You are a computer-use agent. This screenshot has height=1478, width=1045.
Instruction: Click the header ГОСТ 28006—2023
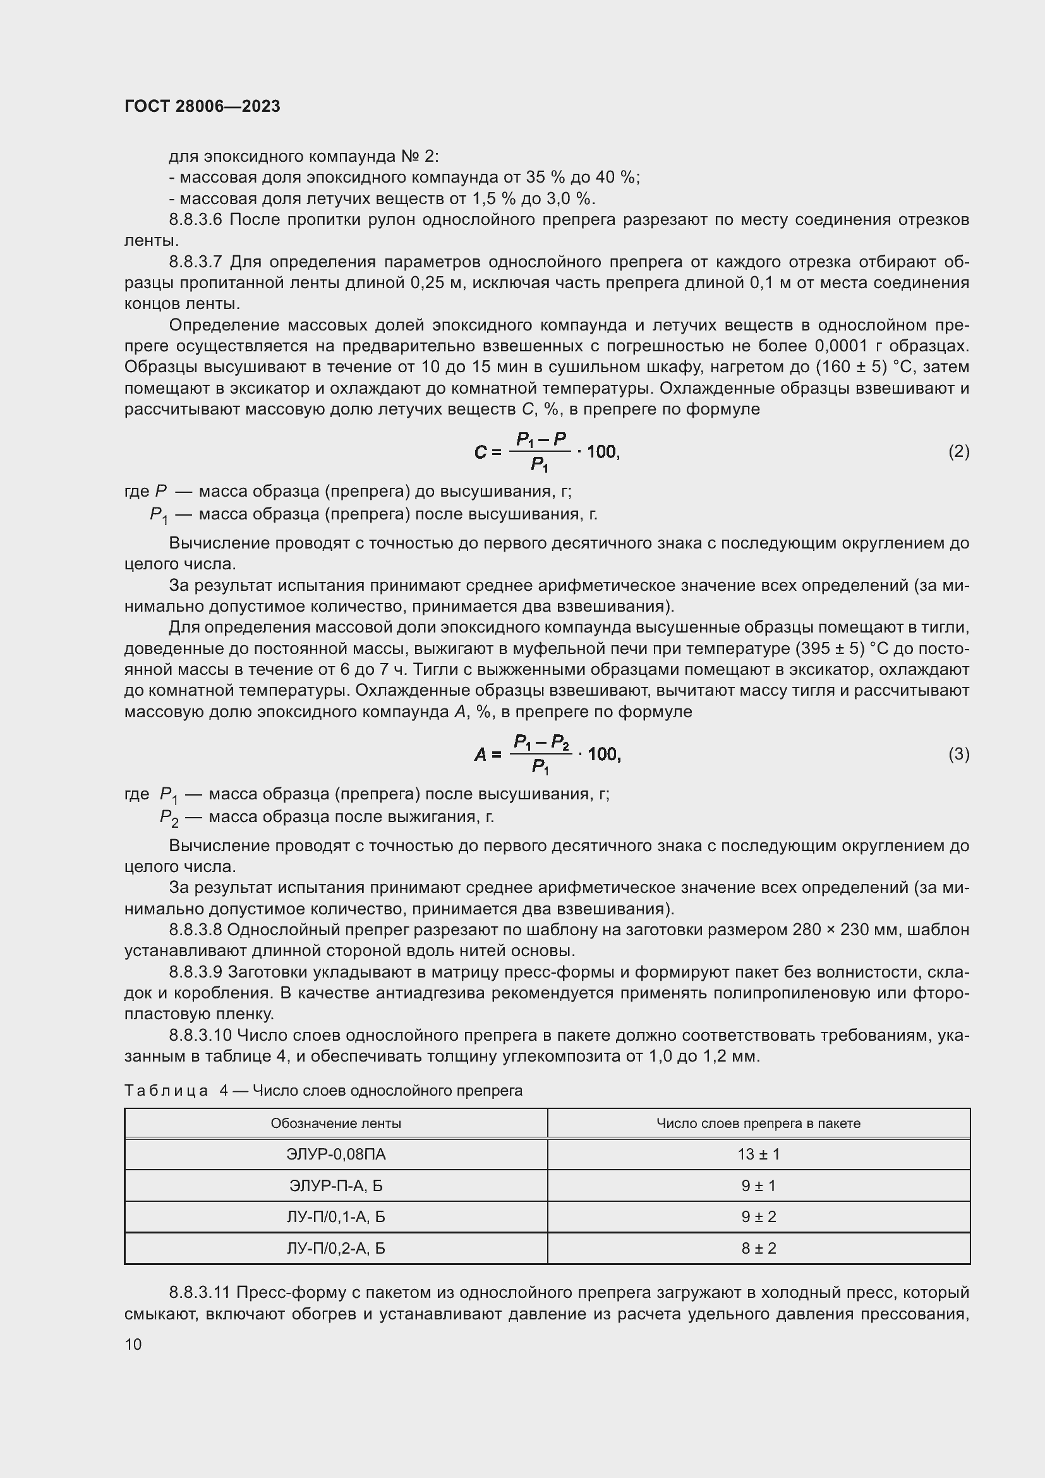pyautogui.click(x=202, y=106)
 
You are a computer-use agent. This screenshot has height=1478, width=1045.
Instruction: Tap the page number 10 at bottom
pyautogui.click(x=133, y=1344)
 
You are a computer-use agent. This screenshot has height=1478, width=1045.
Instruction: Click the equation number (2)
pyautogui.click(x=958, y=451)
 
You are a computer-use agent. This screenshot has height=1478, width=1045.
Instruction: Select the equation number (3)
pyautogui.click(x=958, y=754)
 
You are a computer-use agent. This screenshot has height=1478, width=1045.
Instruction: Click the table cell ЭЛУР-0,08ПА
pyautogui.click(x=336, y=1154)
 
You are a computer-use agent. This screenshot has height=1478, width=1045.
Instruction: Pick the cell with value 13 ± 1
pyautogui.click(x=759, y=1154)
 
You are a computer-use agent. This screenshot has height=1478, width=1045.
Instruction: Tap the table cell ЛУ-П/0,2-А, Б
pyautogui.click(x=336, y=1248)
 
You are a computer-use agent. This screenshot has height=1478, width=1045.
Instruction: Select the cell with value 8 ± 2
pyautogui.click(x=759, y=1248)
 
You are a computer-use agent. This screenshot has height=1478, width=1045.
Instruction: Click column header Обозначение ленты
pyautogui.click(x=336, y=1124)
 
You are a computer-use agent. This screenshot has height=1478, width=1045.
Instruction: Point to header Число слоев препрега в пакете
pyautogui.click(x=759, y=1124)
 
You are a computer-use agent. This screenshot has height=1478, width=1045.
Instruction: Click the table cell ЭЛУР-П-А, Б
pyautogui.click(x=336, y=1185)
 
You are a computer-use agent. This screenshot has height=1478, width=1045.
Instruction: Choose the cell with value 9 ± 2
pyautogui.click(x=759, y=1216)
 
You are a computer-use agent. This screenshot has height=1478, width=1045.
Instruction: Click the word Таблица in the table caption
pyautogui.click(x=166, y=1091)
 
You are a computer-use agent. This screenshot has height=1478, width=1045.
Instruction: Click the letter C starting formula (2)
pyautogui.click(x=480, y=452)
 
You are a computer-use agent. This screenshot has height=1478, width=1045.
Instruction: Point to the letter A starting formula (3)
pyautogui.click(x=480, y=754)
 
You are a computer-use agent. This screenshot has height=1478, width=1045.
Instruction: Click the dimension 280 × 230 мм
pyautogui.click(x=839, y=930)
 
